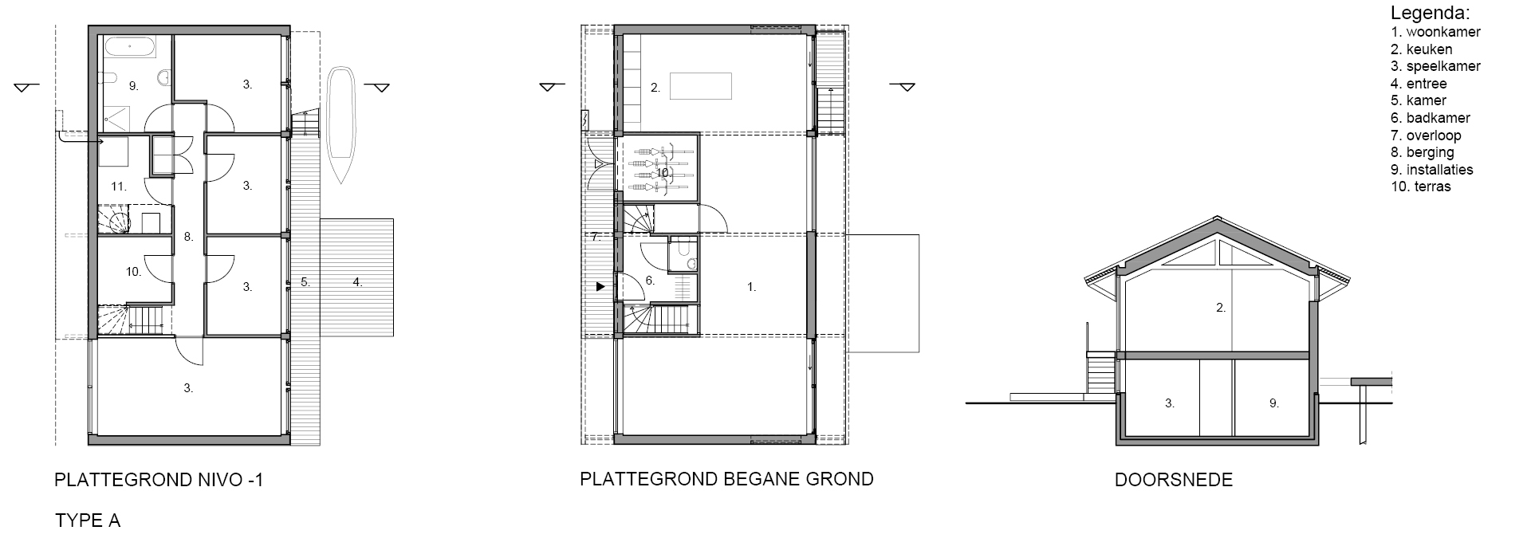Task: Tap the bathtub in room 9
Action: point(132,46)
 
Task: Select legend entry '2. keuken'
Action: point(1422,49)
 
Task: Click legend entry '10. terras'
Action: point(1421,187)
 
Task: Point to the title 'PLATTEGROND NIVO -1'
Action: point(158,480)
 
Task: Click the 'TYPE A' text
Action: point(88,521)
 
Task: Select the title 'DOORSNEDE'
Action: point(1174,480)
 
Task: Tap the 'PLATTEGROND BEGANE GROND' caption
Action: point(726,479)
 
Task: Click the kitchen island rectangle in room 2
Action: point(701,85)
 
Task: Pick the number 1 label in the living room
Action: point(751,287)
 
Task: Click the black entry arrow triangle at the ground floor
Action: point(600,285)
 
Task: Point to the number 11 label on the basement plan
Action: point(119,187)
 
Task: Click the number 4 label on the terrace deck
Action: point(358,281)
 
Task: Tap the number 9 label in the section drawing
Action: point(1274,403)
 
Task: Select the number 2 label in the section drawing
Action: point(1221,308)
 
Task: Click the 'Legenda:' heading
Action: point(1430,14)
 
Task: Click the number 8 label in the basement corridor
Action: point(189,237)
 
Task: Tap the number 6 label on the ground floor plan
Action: point(650,281)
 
